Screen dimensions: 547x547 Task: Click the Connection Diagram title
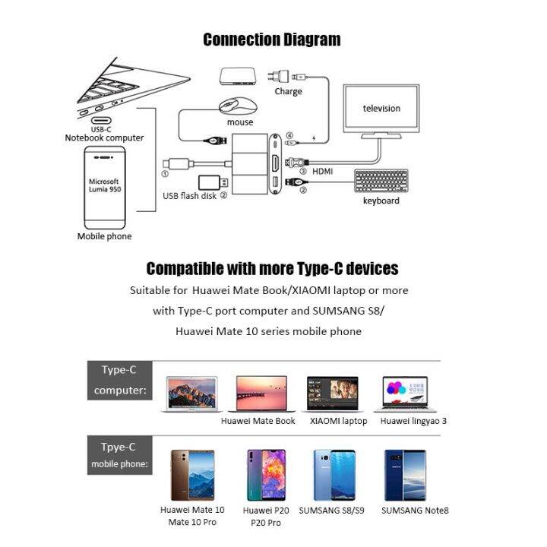[272, 40]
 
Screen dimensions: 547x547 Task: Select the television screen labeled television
[381, 108]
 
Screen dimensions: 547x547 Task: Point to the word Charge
[288, 92]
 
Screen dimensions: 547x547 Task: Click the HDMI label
[322, 172]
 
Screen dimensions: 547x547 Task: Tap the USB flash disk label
[189, 196]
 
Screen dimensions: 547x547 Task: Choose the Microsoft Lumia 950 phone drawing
[104, 188]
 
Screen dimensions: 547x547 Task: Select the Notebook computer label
[104, 138]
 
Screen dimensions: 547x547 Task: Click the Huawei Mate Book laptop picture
[258, 395]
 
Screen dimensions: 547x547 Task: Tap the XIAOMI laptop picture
[337, 395]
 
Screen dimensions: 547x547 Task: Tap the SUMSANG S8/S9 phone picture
[332, 474]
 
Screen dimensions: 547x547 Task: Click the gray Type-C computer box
[119, 381]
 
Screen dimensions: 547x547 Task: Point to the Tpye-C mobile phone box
[119, 454]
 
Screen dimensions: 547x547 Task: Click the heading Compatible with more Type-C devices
[272, 268]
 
